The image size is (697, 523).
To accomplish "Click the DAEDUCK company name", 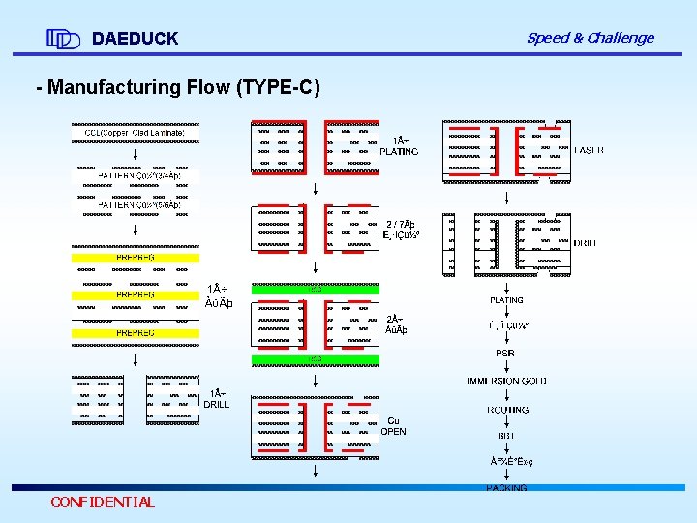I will [x=135, y=39].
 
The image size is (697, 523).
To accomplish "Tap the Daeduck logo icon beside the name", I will [x=63, y=39].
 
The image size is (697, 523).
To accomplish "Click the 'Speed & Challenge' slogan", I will [x=590, y=38].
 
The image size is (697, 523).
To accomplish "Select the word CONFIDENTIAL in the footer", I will [x=103, y=502].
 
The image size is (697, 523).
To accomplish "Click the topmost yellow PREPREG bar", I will [x=135, y=258].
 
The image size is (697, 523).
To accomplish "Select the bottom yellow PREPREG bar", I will [x=135, y=333].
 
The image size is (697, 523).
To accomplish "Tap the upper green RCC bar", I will [x=315, y=289].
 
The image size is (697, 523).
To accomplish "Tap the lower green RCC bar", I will [x=315, y=359].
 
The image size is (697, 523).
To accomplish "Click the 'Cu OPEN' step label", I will [x=393, y=426].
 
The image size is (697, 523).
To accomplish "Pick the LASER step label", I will [x=590, y=150].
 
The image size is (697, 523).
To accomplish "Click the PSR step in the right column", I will [x=505, y=354].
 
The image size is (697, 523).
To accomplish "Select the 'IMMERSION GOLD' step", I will [x=506, y=382].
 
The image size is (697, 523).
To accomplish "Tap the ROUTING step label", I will [x=506, y=410].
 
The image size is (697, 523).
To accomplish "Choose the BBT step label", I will [x=505, y=436].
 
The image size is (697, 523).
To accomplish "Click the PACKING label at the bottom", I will [x=506, y=488].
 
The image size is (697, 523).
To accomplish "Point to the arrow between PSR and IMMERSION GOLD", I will [x=506, y=367].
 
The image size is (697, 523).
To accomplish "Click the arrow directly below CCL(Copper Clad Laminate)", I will [x=135, y=151].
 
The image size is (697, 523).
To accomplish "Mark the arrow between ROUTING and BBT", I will [x=506, y=422].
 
